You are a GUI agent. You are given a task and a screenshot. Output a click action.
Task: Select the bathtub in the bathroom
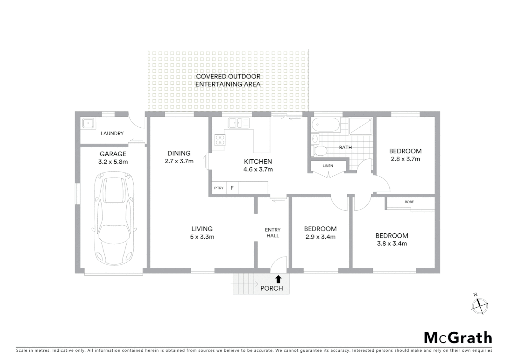(x=326, y=126)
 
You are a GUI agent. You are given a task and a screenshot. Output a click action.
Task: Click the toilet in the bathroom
(x=320, y=151)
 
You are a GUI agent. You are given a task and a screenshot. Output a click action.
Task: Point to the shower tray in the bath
(x=360, y=127)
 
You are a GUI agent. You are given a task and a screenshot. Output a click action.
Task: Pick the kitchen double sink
(x=239, y=123)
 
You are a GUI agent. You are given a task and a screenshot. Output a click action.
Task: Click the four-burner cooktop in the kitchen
(x=220, y=140)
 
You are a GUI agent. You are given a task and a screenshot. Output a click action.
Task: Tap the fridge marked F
(x=232, y=188)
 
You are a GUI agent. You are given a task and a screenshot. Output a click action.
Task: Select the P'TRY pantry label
(x=219, y=188)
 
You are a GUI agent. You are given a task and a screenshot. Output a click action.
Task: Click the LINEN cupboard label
(x=328, y=166)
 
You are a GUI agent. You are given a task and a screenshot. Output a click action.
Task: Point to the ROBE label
(x=409, y=202)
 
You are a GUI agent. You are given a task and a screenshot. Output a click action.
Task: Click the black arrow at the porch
(x=278, y=279)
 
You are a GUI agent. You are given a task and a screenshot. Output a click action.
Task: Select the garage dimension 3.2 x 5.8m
(x=113, y=162)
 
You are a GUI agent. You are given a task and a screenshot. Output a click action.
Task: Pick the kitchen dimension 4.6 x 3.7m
(x=258, y=169)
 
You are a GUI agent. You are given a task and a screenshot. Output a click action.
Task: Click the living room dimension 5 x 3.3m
(x=202, y=237)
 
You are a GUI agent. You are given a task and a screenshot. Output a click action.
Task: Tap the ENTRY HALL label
(x=272, y=233)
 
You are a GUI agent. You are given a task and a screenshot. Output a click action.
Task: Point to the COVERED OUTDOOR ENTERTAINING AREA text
(x=228, y=80)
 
